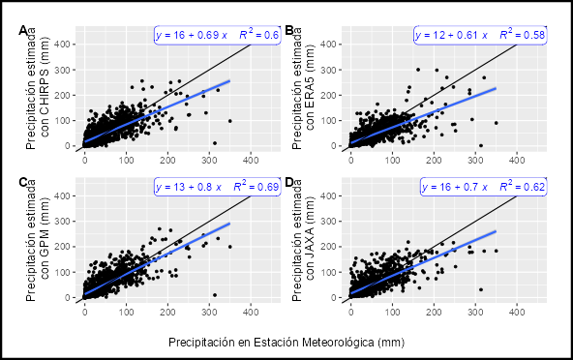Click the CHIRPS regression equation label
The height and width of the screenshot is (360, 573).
click(217, 35)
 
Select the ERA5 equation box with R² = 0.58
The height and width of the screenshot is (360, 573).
click(480, 35)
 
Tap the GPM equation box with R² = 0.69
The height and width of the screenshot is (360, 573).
click(217, 187)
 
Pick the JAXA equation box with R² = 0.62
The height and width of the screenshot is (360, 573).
click(483, 187)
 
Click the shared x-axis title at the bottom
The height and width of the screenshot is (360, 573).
click(286, 343)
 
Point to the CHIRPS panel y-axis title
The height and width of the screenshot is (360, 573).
click(38, 88)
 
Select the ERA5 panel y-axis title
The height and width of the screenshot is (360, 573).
click(303, 88)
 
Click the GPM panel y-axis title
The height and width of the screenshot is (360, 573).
click(38, 240)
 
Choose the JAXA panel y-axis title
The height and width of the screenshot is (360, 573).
click(303, 240)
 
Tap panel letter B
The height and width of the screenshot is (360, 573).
click(289, 31)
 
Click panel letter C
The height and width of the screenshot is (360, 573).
click(23, 182)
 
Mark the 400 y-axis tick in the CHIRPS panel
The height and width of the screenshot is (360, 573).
click(62, 45)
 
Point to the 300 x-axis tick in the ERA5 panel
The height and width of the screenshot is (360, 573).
click(475, 160)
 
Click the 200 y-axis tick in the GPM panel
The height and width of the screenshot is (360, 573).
click(62, 247)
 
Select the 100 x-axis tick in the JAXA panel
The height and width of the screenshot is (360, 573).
click(392, 313)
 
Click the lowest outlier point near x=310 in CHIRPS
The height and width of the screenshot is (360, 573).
click(215, 143)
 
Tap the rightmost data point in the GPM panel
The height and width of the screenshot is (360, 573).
click(229, 247)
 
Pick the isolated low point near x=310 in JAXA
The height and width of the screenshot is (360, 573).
click(481, 289)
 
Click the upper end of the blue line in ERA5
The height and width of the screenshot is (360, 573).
click(496, 88)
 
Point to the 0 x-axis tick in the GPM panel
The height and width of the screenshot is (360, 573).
click(85, 313)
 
